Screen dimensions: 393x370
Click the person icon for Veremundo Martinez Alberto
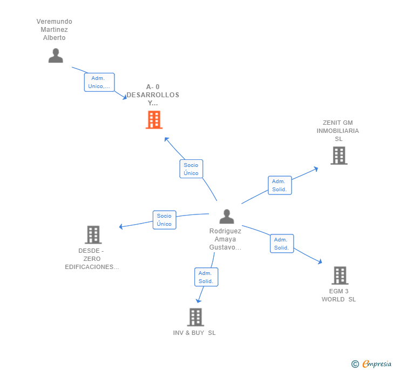(x=56, y=56)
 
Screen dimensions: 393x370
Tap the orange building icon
(x=154, y=120)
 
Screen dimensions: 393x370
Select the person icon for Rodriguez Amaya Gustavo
(x=227, y=217)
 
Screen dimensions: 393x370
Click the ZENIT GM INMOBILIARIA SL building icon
(x=338, y=156)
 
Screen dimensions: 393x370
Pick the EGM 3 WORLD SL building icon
(x=340, y=275)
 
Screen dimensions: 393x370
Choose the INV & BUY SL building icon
(x=195, y=317)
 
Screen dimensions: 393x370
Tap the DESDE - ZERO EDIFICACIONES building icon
(x=93, y=235)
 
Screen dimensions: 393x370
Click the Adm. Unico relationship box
(x=99, y=82)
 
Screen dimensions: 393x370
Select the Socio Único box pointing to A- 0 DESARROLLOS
(x=191, y=169)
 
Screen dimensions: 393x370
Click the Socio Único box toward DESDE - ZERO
(x=164, y=220)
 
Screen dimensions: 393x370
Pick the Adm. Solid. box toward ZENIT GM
(x=280, y=185)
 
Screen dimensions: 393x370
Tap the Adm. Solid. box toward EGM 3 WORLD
(x=282, y=244)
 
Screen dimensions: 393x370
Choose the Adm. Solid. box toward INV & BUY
(x=206, y=277)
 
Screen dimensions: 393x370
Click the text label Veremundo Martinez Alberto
(x=55, y=30)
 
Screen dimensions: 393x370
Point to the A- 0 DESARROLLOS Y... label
(x=153, y=95)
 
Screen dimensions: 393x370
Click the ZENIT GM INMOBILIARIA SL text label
(x=338, y=131)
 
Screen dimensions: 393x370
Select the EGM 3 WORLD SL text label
(x=339, y=295)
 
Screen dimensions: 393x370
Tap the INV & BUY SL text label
(x=194, y=333)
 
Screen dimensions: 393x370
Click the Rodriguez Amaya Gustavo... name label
(x=226, y=239)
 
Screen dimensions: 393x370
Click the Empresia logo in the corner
(x=371, y=364)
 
